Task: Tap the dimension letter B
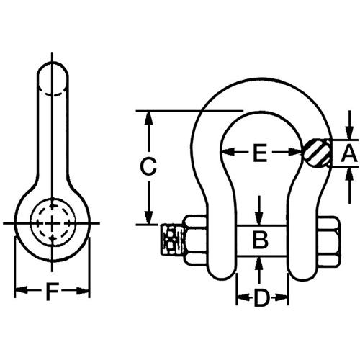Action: pyautogui.click(x=261, y=238)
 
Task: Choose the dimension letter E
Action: pyautogui.click(x=260, y=153)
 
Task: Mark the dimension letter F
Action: pyautogui.click(x=52, y=292)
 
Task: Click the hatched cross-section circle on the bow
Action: pyautogui.click(x=317, y=153)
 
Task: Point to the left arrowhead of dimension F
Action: pyautogui.click(x=19, y=292)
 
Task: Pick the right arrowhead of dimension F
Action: pyautogui.click(x=86, y=292)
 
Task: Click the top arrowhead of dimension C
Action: pyautogui.click(x=148, y=116)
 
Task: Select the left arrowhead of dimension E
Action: pyautogui.click(x=225, y=153)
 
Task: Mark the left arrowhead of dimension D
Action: pyautogui.click(x=240, y=297)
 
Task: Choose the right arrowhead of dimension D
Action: pyautogui.click(x=284, y=297)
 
